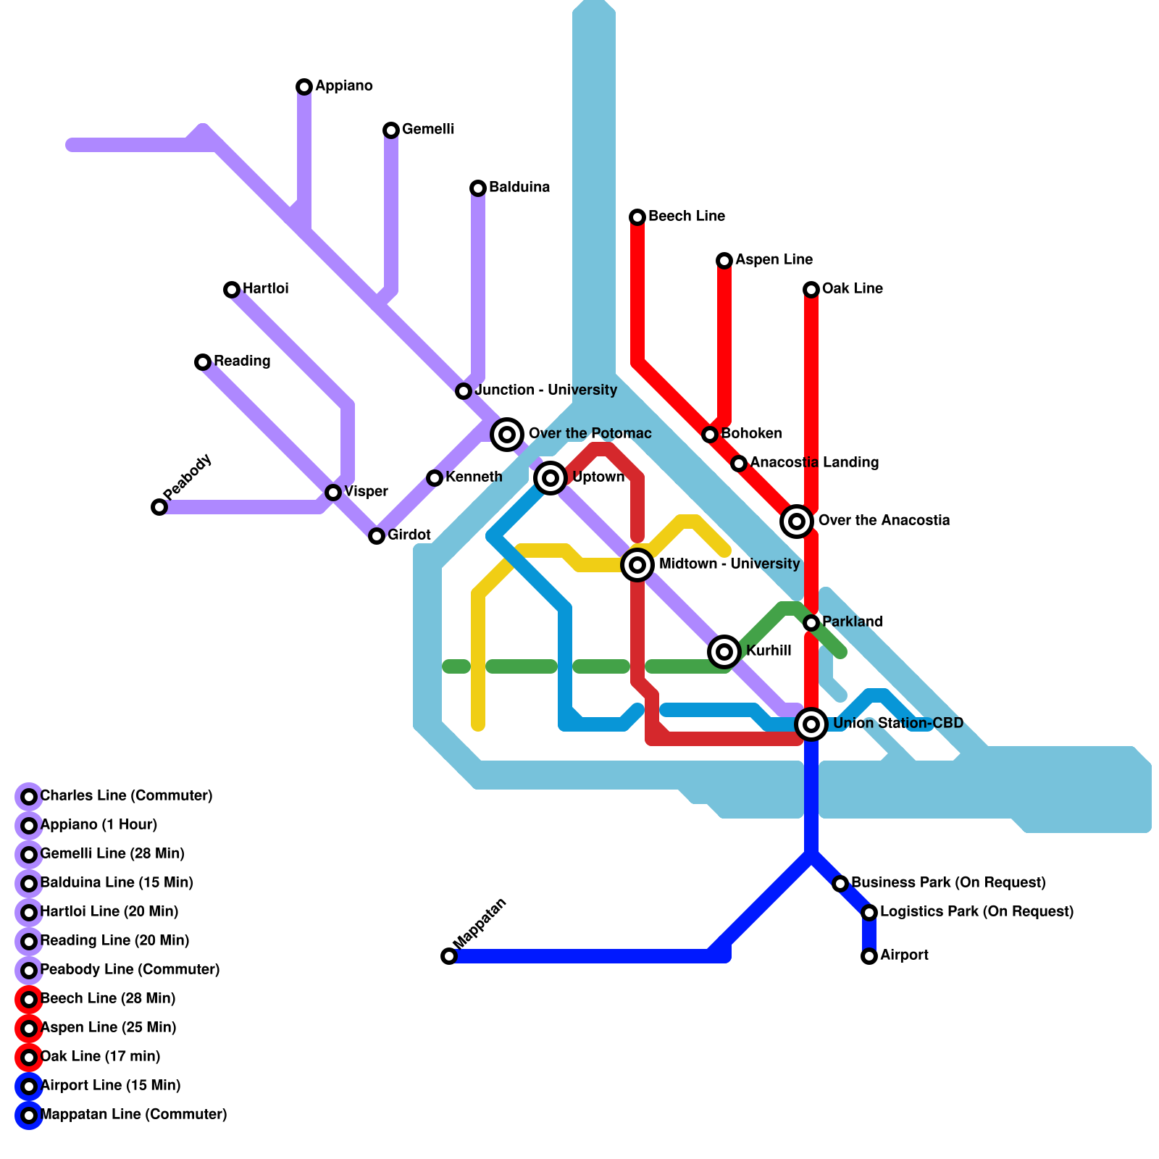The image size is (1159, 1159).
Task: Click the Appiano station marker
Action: (304, 87)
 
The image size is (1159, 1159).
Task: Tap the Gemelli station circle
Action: (391, 130)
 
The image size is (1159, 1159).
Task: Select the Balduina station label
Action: (519, 188)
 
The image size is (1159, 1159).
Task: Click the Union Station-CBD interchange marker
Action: (811, 724)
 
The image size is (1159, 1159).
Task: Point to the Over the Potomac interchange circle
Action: (507, 435)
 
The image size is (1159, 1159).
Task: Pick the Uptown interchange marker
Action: (551, 478)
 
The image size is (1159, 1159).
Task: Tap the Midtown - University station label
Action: (729, 564)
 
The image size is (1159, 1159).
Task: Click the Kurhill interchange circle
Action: (724, 652)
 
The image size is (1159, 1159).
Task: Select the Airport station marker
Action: (869, 956)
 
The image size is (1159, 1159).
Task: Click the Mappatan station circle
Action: (449, 956)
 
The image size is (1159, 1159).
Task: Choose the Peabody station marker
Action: (159, 507)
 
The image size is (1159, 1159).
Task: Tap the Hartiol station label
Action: (265, 289)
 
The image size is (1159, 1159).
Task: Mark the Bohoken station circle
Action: (710, 435)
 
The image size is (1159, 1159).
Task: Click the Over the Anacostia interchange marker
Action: (797, 521)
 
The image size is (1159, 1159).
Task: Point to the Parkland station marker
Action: (811, 623)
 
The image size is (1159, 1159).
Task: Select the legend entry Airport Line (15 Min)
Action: (110, 1086)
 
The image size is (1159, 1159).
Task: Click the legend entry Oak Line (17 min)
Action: (100, 1057)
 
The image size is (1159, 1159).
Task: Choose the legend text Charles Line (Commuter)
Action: (126, 796)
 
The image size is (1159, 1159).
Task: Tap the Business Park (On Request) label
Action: (947, 883)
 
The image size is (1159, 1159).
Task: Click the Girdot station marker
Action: (377, 536)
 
